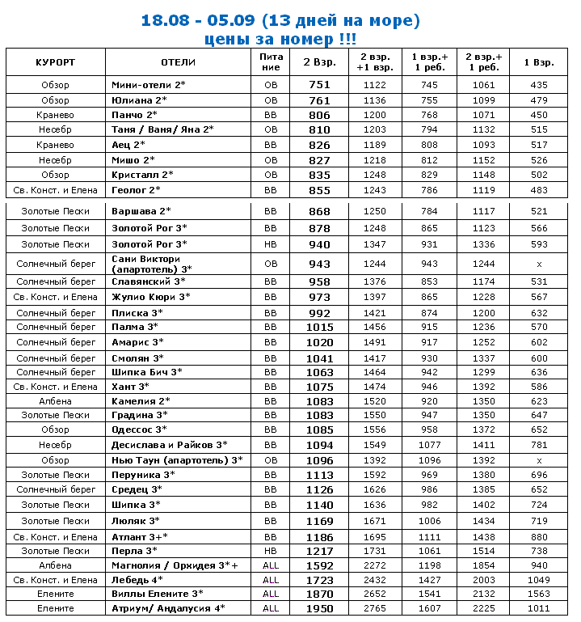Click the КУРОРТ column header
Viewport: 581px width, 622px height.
55,62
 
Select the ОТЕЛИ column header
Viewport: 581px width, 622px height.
177,62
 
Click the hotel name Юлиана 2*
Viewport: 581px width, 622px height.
139,100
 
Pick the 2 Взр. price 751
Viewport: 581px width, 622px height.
320,85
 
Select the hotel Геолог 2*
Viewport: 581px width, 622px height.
136,189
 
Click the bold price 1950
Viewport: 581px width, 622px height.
320,608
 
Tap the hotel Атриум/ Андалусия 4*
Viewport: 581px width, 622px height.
168,608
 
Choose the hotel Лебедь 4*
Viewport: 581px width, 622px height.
137,580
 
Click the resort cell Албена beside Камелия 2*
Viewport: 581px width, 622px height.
55,401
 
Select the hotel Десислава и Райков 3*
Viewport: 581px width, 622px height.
169,445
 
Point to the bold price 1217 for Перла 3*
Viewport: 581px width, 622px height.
320,551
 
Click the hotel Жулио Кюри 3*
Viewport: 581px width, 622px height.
150,298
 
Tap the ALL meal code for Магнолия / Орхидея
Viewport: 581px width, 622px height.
271,565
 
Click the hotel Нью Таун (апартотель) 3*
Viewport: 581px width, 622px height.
177,459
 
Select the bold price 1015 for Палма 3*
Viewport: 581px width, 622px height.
320,327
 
